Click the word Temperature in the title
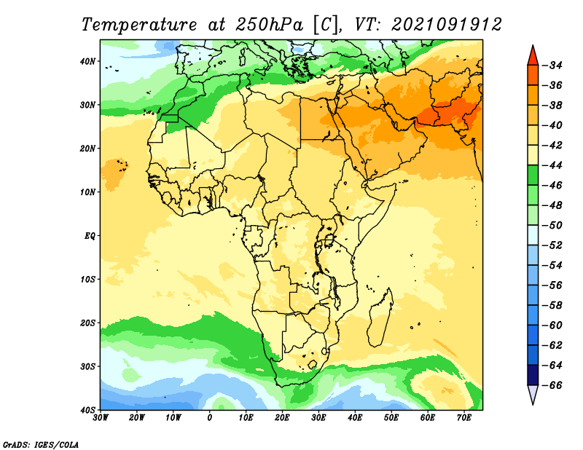click(139, 25)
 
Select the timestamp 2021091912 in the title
click(447, 25)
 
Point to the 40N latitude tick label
click(87, 61)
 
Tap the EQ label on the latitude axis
click(90, 236)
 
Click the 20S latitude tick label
click(87, 323)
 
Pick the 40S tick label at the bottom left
click(87, 410)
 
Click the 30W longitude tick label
click(101, 418)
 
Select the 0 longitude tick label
click(210, 418)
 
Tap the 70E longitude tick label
click(464, 418)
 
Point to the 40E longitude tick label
click(355, 418)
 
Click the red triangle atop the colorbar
click(533, 56)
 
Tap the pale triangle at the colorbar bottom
click(533, 394)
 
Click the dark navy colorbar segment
click(533, 375)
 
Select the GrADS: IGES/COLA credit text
click(41, 445)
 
